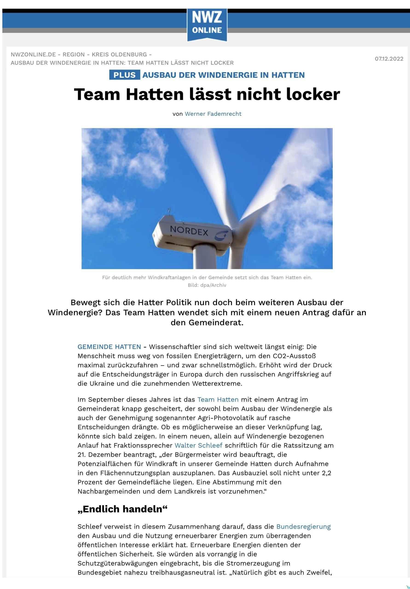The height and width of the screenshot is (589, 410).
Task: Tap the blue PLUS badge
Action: coord(124,75)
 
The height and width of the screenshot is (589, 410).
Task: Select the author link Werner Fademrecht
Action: coord(213,114)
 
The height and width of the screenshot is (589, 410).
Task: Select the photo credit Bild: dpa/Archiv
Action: coord(207,285)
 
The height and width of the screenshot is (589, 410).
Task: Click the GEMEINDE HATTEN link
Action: coord(109,347)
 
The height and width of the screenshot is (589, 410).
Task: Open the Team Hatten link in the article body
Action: coord(218,399)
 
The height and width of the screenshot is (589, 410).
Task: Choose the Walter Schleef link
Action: coord(198,445)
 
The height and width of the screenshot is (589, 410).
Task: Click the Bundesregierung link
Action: coord(303,527)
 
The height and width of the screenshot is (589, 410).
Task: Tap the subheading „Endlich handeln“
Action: coord(122,509)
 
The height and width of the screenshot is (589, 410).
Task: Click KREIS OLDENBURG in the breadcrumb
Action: coord(119,55)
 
